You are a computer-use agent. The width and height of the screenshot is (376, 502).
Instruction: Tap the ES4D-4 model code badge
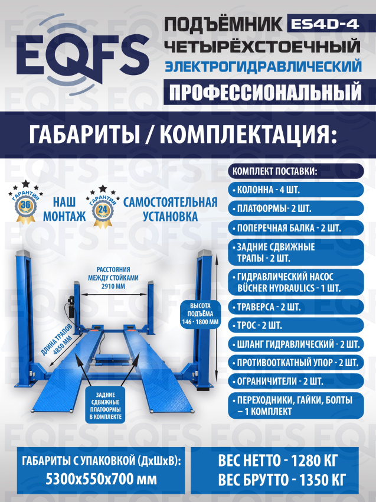coord(325,24)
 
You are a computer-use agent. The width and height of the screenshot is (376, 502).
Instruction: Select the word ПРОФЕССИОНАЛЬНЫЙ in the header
coord(265,92)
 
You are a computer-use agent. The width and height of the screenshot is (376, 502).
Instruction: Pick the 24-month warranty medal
coord(103,207)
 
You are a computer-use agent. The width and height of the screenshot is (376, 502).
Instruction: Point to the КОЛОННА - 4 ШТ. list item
coord(296,190)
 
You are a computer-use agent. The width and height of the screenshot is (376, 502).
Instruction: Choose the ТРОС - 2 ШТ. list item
coord(296,325)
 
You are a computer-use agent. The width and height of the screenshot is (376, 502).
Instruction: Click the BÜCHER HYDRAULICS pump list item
coord(296,282)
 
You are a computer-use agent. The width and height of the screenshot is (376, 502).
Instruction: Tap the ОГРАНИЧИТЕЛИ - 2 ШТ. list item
coord(296,382)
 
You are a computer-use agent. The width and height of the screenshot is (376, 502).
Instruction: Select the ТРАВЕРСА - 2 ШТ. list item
coord(296,307)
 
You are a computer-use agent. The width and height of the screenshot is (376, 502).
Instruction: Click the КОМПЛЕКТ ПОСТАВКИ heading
coord(296,171)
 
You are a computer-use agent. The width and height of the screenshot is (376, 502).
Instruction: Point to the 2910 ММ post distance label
coord(113,278)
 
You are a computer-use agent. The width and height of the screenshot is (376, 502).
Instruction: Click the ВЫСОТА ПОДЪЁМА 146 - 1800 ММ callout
coord(200,314)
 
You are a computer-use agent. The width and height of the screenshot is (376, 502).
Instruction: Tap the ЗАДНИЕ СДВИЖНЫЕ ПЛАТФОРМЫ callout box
coord(105,406)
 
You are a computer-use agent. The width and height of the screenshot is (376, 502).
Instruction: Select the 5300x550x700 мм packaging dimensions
coord(101,480)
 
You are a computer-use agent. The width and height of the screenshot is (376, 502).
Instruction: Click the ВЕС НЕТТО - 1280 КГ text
coord(278,461)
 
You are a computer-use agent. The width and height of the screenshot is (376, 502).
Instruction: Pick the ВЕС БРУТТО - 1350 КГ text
coord(282,480)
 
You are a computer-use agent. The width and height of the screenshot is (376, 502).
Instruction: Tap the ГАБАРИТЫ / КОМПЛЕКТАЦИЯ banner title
coord(183,135)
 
